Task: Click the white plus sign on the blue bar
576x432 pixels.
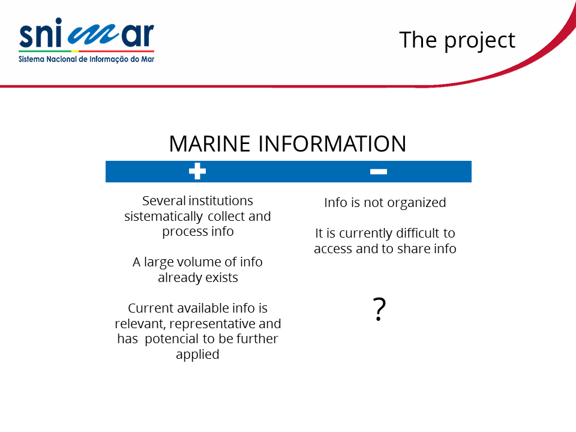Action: [197, 171]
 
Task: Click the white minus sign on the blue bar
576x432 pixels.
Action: [379, 172]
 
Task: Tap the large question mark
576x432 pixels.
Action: [379, 310]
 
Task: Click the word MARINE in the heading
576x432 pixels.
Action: [210, 143]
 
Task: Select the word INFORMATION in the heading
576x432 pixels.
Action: [332, 143]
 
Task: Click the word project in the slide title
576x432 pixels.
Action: [480, 40]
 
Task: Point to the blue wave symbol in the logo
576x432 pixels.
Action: [94, 35]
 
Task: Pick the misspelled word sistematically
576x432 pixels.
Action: [164, 217]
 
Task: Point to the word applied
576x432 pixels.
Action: [197, 355]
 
